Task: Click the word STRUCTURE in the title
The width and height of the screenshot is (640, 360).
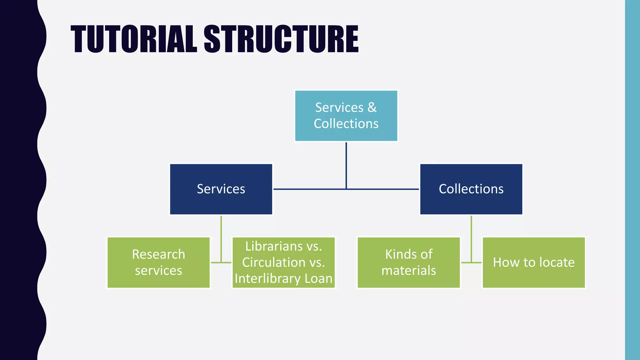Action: (x=281, y=39)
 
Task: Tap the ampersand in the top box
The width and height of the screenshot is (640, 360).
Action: (x=372, y=107)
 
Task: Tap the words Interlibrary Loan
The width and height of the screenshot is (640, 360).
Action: (x=283, y=278)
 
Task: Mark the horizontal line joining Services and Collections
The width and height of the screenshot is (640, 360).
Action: (x=312, y=189)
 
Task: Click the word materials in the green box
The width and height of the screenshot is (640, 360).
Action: (x=408, y=271)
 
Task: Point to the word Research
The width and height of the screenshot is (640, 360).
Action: (x=158, y=254)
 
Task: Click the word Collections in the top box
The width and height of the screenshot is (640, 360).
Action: (x=346, y=124)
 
